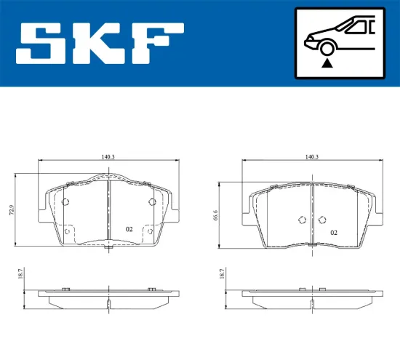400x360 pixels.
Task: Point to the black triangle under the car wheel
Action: pos(327,64)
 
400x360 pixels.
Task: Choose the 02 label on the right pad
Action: pos(333,233)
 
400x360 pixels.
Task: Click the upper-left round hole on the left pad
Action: pos(65,202)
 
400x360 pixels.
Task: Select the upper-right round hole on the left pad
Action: pos(151,202)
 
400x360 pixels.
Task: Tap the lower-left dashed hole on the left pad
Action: pos(67,232)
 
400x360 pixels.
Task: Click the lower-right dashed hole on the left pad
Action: pos(149,232)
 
